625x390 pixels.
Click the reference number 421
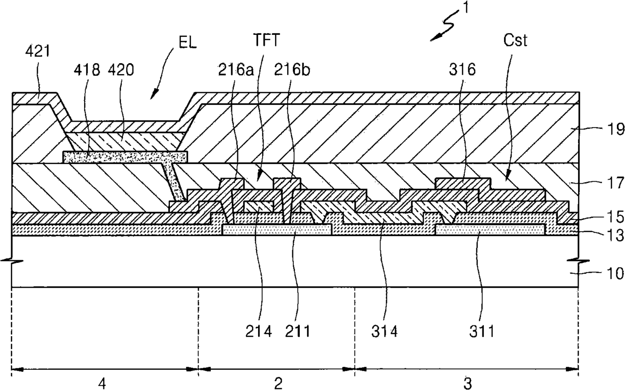click(37, 51)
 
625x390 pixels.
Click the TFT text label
click(266, 40)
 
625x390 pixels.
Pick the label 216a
click(236, 70)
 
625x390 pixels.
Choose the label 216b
click(292, 70)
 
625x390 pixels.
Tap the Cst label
click(515, 40)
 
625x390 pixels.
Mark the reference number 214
click(259, 331)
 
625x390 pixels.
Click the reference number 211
click(297, 331)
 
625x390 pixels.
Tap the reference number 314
click(384, 331)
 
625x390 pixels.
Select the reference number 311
click(482, 331)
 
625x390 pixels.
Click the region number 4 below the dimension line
click(102, 383)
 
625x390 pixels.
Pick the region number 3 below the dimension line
click(468, 383)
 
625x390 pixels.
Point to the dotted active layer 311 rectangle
click(490, 230)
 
